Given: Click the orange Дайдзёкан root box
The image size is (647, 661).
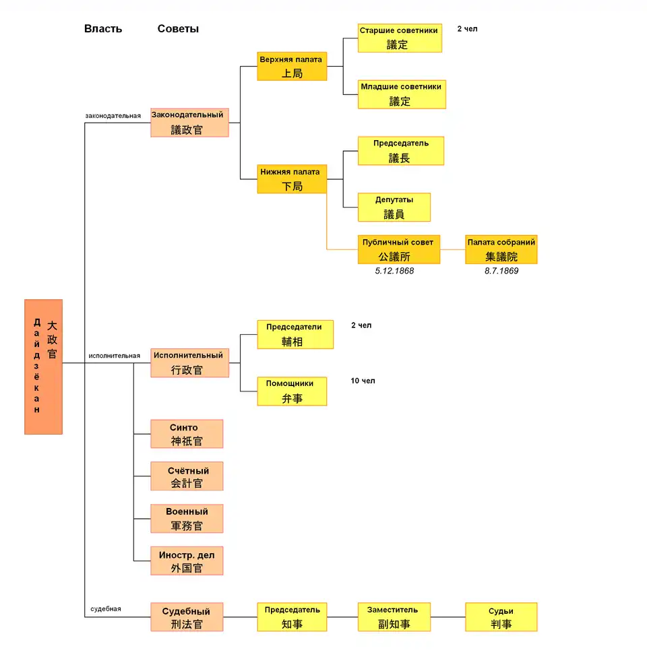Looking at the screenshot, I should click(44, 367).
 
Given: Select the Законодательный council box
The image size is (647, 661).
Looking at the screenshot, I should click(189, 123).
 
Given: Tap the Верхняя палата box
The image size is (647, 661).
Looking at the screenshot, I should click(292, 66).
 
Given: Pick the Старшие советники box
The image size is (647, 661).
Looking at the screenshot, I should click(400, 38).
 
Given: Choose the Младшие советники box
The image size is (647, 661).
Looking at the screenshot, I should click(402, 94).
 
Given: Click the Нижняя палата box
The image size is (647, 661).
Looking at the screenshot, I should click(292, 179).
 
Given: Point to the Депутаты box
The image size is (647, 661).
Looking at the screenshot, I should click(394, 207).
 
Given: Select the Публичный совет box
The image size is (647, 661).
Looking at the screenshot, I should click(399, 249).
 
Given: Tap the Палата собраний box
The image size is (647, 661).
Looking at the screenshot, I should click(501, 249).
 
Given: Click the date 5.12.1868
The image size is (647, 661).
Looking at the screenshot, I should click(394, 271).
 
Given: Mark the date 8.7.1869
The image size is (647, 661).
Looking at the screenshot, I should click(501, 271).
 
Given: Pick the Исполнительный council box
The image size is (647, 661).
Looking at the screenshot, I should click(189, 363).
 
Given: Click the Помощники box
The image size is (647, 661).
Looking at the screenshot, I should click(292, 391).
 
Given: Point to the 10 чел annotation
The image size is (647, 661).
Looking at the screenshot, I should click(363, 381).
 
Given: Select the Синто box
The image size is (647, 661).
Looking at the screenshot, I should click(187, 434).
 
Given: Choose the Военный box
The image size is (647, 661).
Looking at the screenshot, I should click(187, 519).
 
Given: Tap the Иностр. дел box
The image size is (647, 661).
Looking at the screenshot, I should click(187, 561).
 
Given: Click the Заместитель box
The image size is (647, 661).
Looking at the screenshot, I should click(394, 617).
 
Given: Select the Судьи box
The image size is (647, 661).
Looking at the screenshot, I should click(501, 617).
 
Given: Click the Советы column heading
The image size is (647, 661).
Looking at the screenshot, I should click(178, 29).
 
